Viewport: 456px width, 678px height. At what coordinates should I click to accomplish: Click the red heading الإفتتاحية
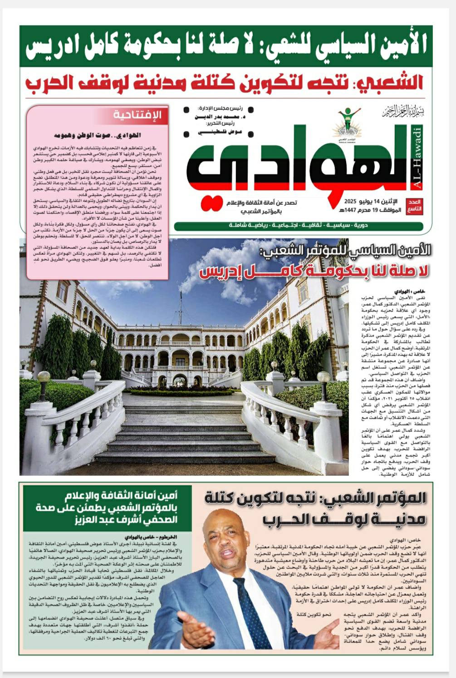[137, 115]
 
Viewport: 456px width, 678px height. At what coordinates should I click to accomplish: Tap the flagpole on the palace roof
[181, 302]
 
